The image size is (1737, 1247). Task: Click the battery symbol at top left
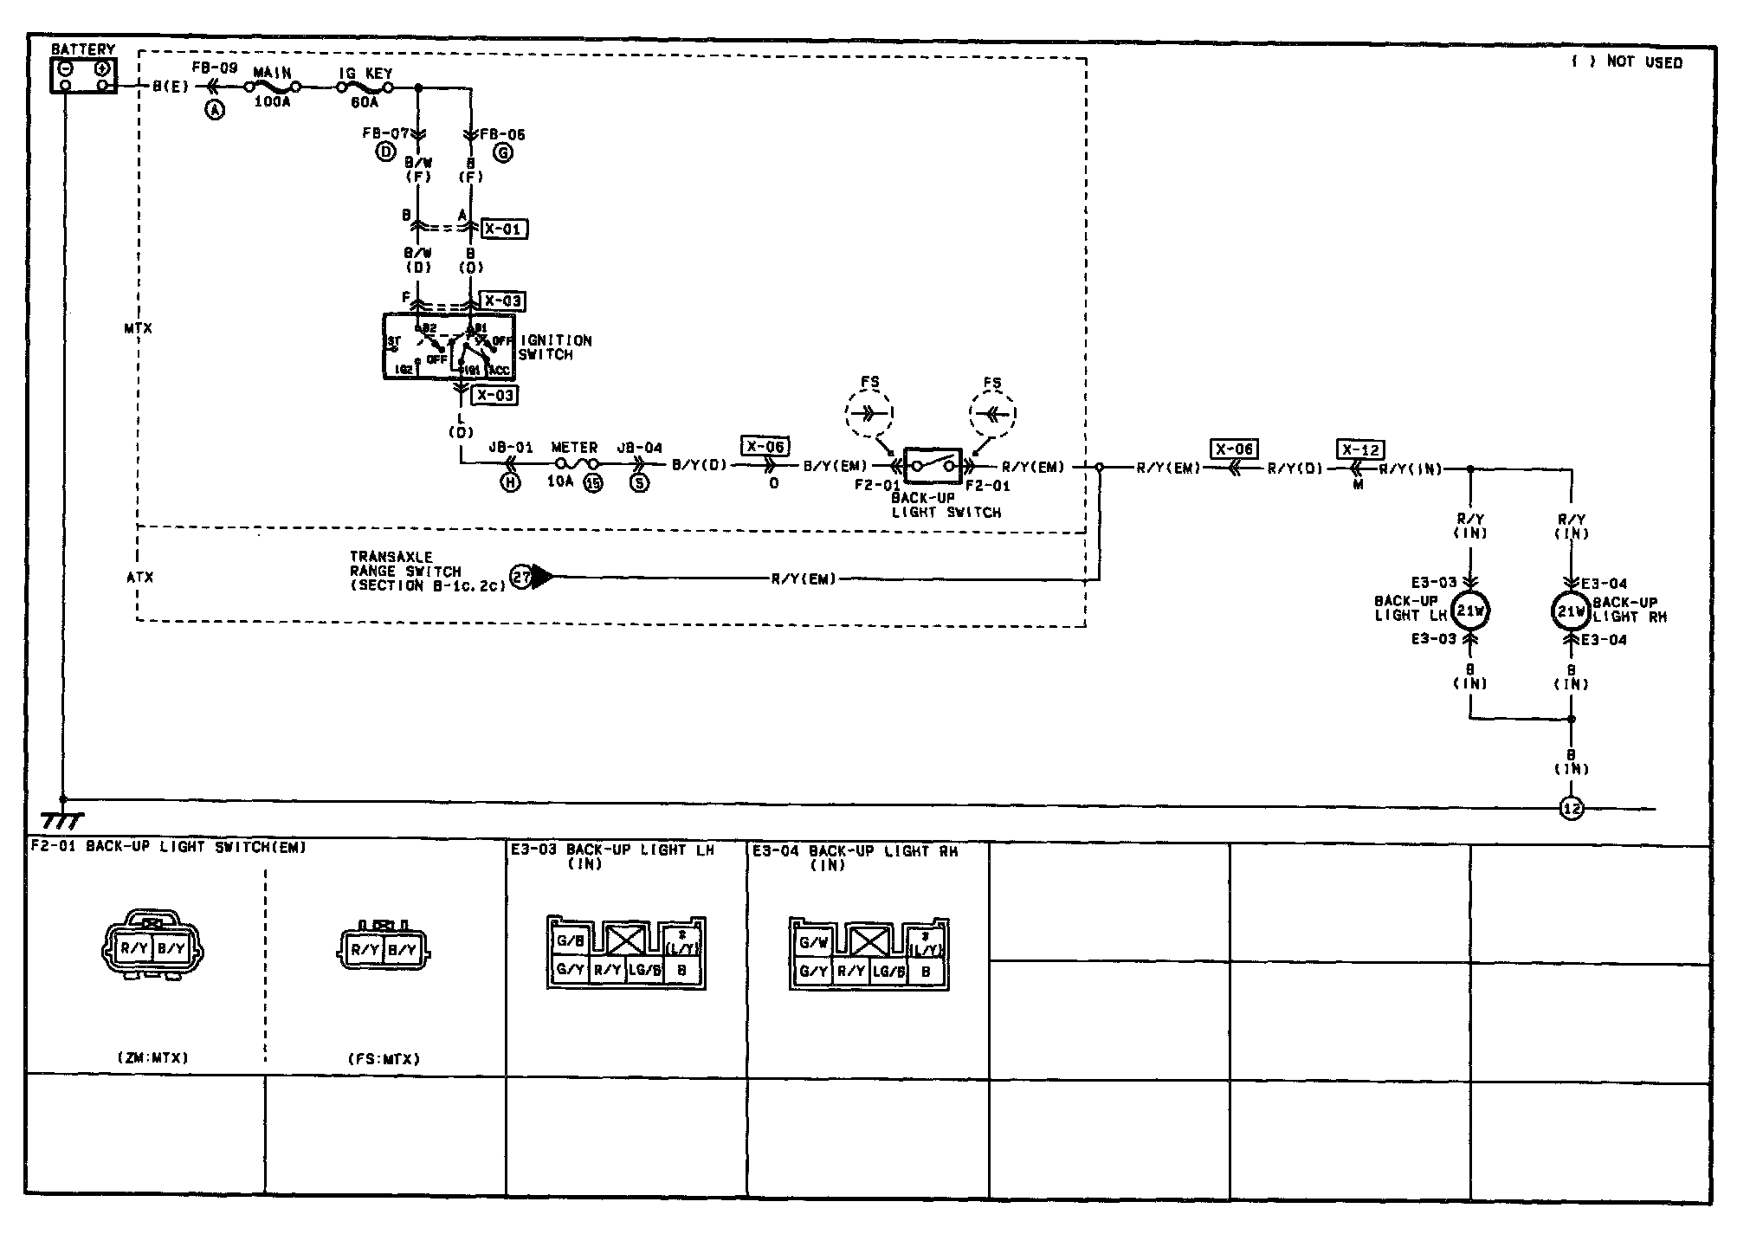[84, 75]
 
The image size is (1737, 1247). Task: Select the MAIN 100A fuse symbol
[272, 87]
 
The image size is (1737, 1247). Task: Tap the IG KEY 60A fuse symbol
[365, 87]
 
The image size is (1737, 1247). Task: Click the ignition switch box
[449, 346]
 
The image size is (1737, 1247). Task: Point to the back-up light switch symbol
[933, 466]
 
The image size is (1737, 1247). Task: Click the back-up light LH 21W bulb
[1470, 611]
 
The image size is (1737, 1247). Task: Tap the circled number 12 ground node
[1571, 809]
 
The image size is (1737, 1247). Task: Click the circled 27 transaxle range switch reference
[520, 578]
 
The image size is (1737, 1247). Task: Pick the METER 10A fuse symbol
[573, 466]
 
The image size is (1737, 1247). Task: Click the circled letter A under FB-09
[214, 109]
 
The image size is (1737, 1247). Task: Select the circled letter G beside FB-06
[502, 153]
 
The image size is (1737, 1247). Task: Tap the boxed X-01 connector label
[503, 229]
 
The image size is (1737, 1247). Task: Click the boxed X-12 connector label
[1360, 450]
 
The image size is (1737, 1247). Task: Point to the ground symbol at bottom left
[63, 818]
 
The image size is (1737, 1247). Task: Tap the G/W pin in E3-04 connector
[813, 943]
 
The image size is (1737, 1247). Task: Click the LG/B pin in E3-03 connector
[644, 971]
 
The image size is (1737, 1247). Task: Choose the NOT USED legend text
[1627, 62]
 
